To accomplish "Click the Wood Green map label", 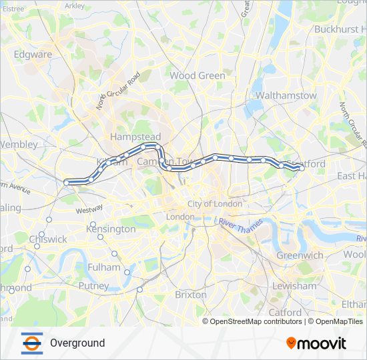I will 198,75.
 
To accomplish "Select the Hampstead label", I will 131,136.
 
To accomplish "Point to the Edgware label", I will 33,54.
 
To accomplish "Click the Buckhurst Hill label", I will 340,29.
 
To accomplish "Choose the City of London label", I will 214,203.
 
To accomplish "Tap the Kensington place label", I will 111,229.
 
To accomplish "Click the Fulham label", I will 104,267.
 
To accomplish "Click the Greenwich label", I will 300,255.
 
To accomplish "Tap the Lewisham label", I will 295,286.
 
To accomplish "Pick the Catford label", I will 285,312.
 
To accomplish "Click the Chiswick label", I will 48,239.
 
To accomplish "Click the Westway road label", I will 89,209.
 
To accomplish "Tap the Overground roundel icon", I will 31,343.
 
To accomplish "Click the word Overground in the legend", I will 77,343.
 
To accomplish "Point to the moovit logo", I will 316,343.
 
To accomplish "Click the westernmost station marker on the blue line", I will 66,182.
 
